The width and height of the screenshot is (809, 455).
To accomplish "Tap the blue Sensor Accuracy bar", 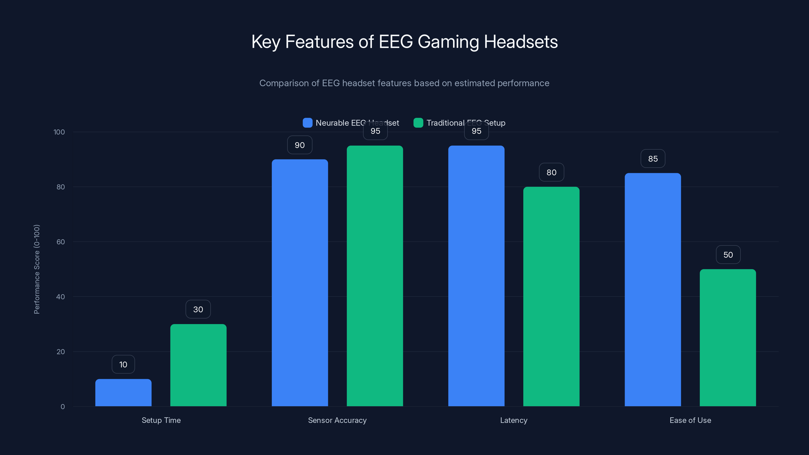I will click(x=300, y=283).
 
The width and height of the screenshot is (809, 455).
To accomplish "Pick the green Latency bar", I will click(x=551, y=297).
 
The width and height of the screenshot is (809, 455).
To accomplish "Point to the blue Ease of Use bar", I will click(x=653, y=289).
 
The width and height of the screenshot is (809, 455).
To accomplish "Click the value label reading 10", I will click(x=123, y=364).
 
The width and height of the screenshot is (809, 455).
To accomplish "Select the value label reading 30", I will click(x=198, y=309).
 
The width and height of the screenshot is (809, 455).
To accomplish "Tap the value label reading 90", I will click(x=300, y=145).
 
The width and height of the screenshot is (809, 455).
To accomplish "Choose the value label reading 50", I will click(x=728, y=255).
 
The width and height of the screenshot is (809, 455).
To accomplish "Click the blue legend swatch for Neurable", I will click(x=307, y=123).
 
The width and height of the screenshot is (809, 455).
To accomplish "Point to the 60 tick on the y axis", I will click(x=61, y=242).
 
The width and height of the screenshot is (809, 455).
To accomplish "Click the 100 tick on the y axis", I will click(x=59, y=132).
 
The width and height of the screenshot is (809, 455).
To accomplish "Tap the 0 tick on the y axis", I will click(x=62, y=407).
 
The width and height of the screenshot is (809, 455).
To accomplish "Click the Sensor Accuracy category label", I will click(x=337, y=420).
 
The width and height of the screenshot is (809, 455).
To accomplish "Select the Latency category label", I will click(x=513, y=420).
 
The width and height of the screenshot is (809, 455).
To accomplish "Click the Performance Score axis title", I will click(x=37, y=269).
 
